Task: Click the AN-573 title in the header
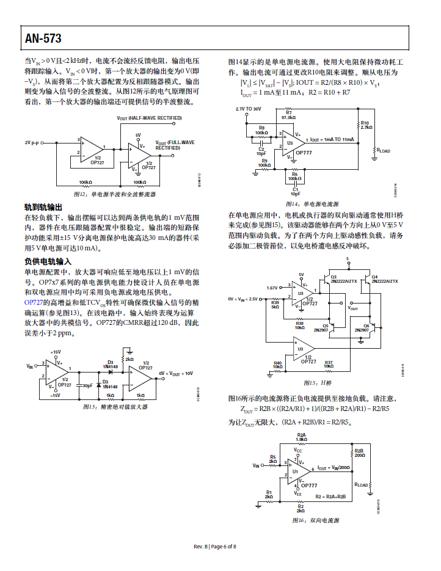click(x=43, y=39)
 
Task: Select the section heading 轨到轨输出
click(x=43, y=208)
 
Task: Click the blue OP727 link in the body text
click(x=33, y=303)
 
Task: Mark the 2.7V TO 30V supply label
click(x=248, y=108)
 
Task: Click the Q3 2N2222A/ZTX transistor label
click(x=339, y=279)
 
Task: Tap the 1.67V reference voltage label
click(x=272, y=287)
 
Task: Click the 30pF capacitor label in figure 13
click(x=87, y=385)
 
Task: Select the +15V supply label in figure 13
click(x=56, y=352)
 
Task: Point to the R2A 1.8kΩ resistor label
click(x=301, y=437)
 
